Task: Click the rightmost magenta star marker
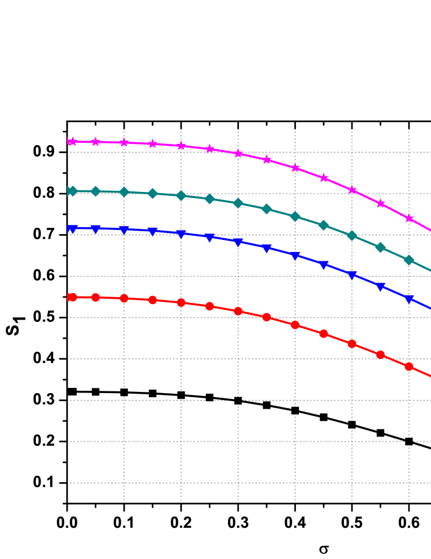pos(409,219)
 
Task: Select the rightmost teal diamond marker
pos(409,260)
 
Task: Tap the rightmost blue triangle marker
pos(409,299)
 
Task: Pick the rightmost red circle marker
pos(409,367)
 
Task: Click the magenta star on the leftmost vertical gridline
pos(124,142)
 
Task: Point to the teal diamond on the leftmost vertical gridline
pos(124,192)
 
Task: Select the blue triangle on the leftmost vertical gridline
pos(124,230)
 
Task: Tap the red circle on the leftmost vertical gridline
pos(124,298)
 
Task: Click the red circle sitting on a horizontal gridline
pos(267,317)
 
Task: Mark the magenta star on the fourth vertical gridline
pos(295,168)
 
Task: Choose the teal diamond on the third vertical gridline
pos(238,203)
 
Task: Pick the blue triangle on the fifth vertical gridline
pos(352,275)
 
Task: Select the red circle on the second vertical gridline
pos(181,302)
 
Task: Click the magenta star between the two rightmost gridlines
pos(381,203)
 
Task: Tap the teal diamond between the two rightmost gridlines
pos(381,247)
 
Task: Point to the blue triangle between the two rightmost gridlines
pos(381,287)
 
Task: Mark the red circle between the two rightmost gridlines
pos(381,354)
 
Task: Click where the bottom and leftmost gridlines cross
pos(124,483)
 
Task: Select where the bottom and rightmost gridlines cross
pos(409,483)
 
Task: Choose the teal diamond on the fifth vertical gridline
pos(352,235)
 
